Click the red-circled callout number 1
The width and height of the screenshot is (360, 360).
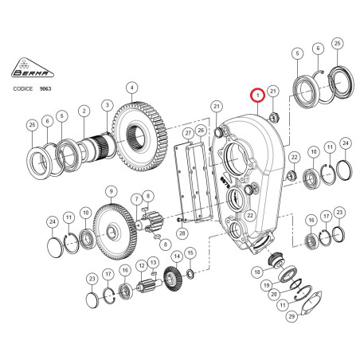coord(258,96)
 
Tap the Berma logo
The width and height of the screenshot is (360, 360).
coord(33,68)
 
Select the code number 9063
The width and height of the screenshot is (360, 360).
coord(45,88)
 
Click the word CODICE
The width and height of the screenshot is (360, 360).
coord(23,88)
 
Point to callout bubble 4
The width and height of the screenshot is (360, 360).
coord(132,88)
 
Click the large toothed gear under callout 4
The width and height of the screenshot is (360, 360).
coord(139,137)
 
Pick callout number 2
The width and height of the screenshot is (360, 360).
coord(84,111)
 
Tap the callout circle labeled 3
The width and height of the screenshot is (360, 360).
coord(108,105)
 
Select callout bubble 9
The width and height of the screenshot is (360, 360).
coord(111,191)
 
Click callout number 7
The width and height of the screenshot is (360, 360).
coord(137,199)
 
